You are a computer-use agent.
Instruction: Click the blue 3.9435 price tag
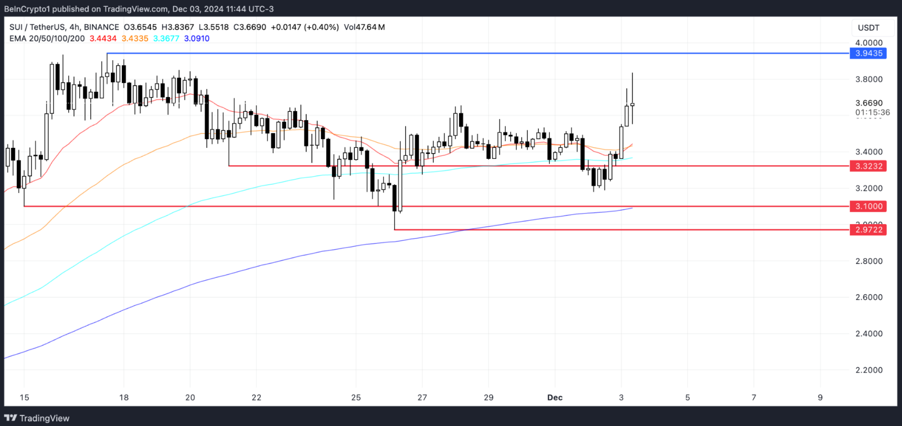[x=868, y=53]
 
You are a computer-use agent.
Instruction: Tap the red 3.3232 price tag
[x=868, y=166]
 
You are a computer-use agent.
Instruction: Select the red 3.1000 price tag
[x=868, y=206]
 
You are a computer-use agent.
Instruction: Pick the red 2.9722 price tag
[x=868, y=230]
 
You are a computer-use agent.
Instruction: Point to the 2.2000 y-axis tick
[x=869, y=370]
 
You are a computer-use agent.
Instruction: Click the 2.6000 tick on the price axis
[x=869, y=297]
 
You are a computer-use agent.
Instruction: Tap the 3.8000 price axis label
[x=869, y=79]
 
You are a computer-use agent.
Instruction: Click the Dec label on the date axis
[x=555, y=398]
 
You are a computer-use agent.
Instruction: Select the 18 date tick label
[x=124, y=398]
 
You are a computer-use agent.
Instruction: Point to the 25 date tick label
[x=356, y=398]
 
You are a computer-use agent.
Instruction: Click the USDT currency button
[x=868, y=28]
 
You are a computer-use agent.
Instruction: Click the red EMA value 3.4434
[x=103, y=38]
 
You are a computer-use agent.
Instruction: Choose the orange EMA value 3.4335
[x=135, y=38]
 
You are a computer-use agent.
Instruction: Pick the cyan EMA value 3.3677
[x=166, y=38]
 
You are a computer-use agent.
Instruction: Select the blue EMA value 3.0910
[x=197, y=38]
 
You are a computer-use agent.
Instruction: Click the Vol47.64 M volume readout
[x=364, y=27]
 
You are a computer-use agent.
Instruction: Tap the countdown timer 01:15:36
[x=872, y=112]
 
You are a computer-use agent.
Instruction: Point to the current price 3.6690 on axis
[x=869, y=103]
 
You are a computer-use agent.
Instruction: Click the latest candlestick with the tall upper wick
[x=632, y=104]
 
